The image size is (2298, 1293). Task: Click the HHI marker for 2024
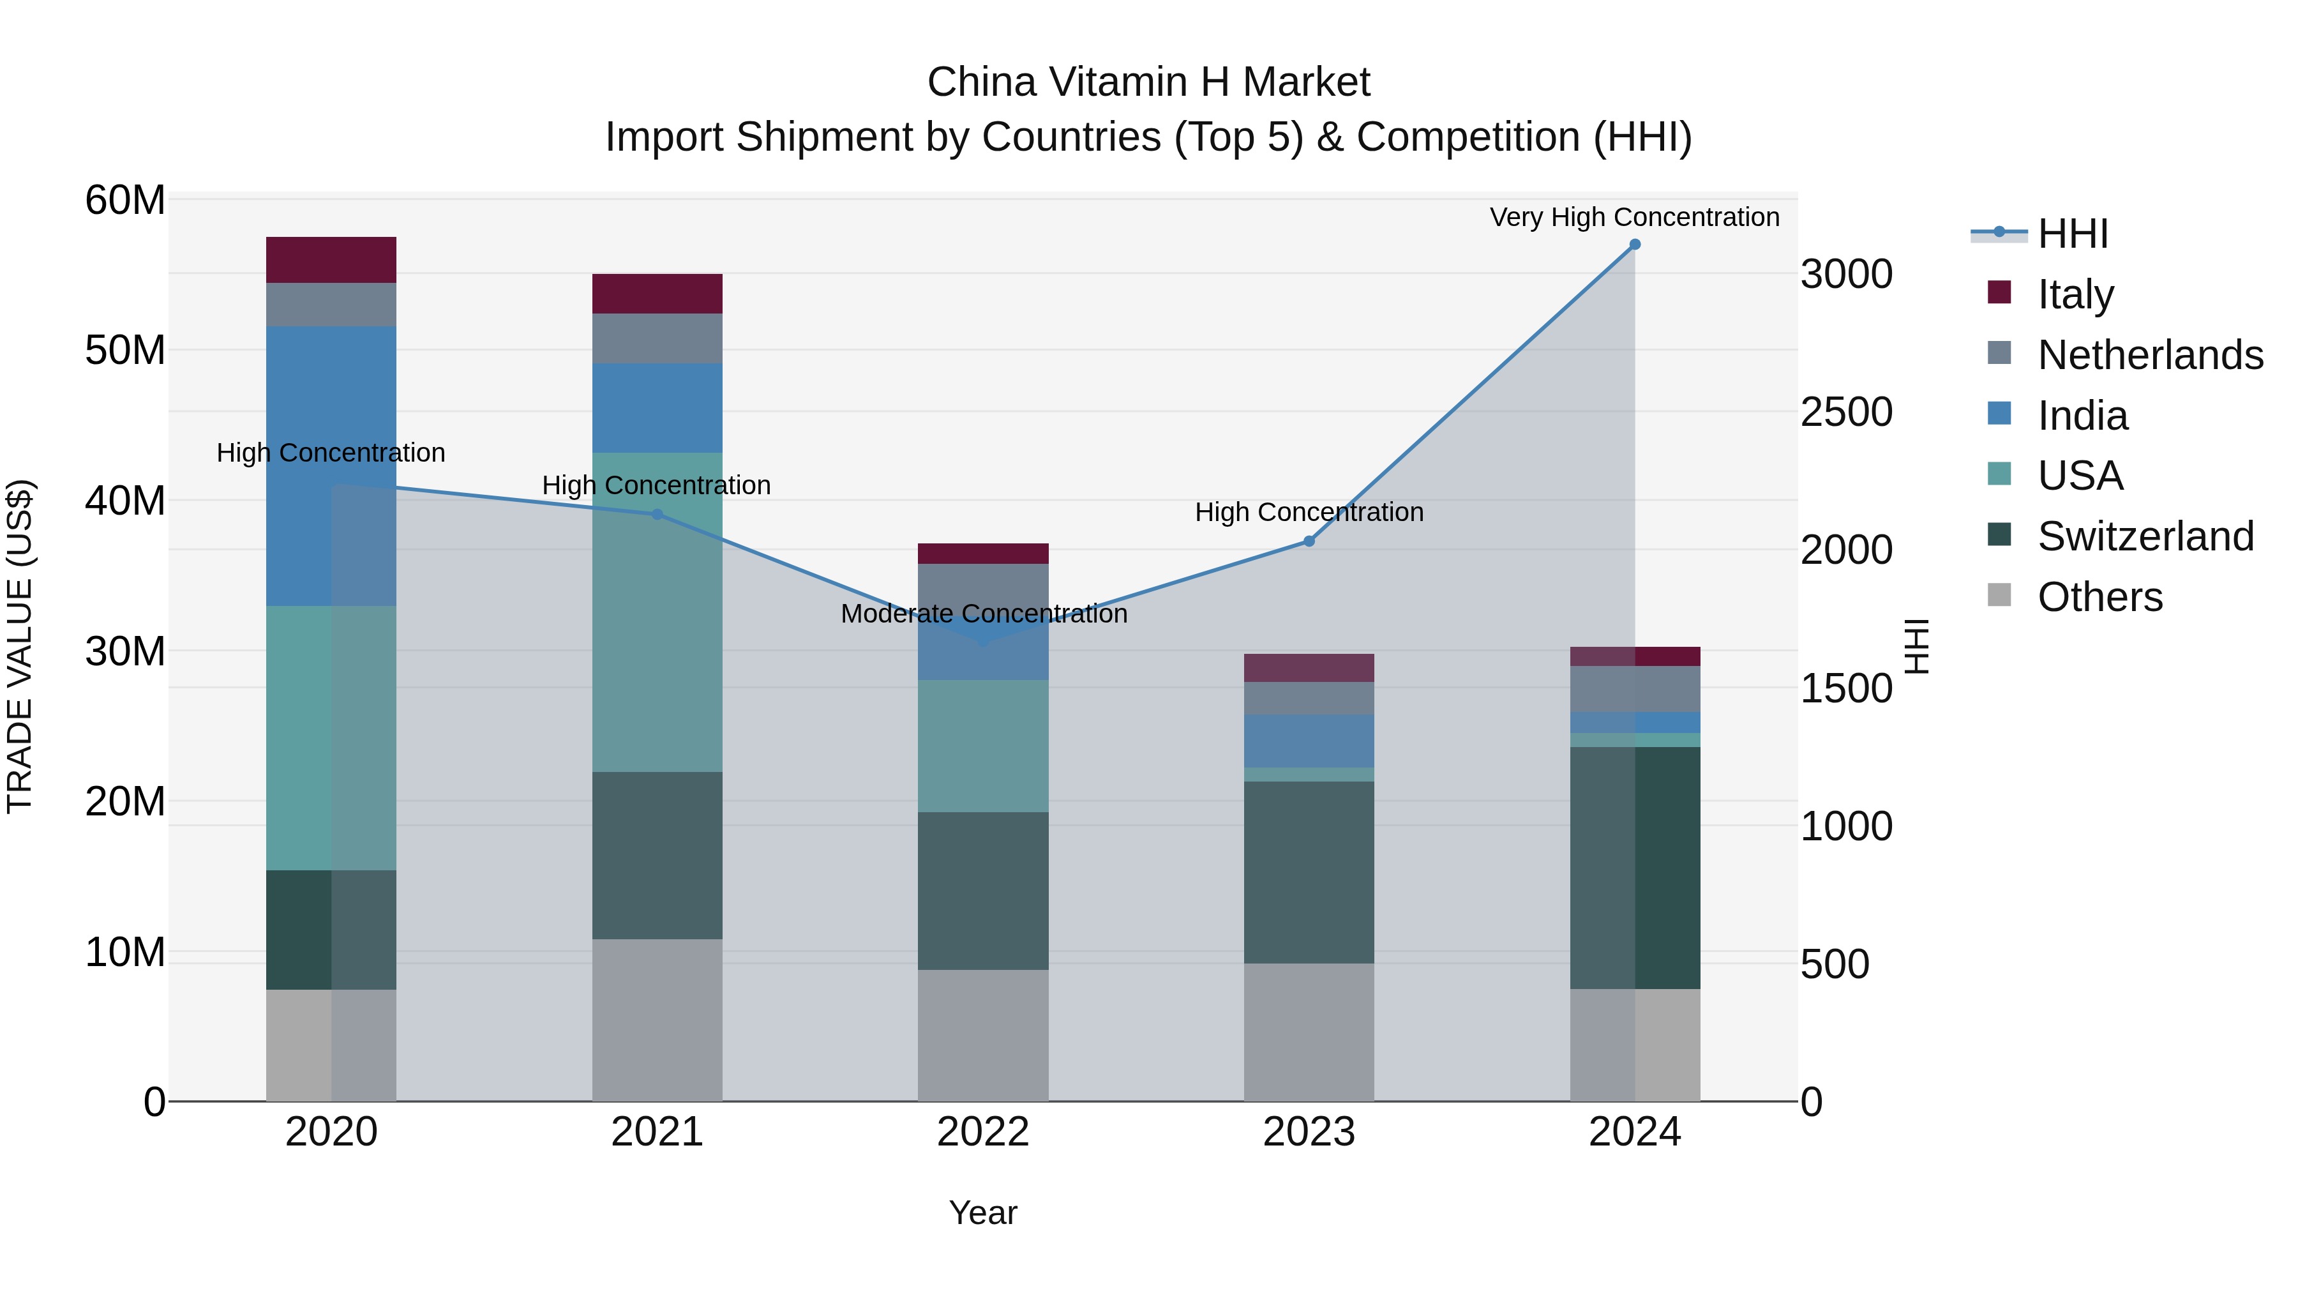pyautogui.click(x=1634, y=245)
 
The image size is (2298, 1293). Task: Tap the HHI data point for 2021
pyautogui.click(x=657, y=515)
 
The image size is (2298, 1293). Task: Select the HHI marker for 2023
pyautogui.click(x=1309, y=541)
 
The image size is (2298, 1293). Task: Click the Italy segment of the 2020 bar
pyautogui.click(x=331, y=260)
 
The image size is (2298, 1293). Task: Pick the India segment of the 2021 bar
pyautogui.click(x=657, y=408)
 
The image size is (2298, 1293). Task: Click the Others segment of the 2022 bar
pyautogui.click(x=983, y=1035)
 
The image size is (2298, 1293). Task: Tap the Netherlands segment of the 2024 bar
pyautogui.click(x=1634, y=689)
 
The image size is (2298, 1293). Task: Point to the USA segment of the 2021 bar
pyautogui.click(x=657, y=612)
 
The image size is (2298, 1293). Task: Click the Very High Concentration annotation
pyautogui.click(x=1634, y=218)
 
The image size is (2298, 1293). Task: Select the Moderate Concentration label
pyautogui.click(x=983, y=614)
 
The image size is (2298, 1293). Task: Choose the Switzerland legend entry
pyautogui.click(x=2145, y=536)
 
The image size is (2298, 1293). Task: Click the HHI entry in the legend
pyautogui.click(x=2072, y=234)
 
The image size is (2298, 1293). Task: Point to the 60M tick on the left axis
pyautogui.click(x=125, y=200)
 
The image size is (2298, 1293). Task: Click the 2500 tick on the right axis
pyautogui.click(x=1845, y=412)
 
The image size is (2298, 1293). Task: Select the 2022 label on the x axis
pyautogui.click(x=983, y=1132)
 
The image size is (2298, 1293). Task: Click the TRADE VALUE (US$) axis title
pyautogui.click(x=20, y=646)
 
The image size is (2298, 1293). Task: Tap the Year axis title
pyautogui.click(x=983, y=1213)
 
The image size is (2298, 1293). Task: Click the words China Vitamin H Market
pyautogui.click(x=1148, y=82)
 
